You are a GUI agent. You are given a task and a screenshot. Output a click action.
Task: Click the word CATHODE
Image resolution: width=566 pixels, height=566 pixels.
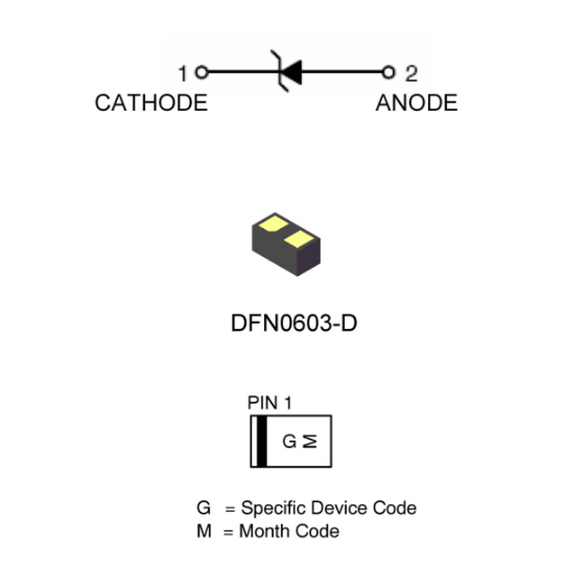tap(151, 103)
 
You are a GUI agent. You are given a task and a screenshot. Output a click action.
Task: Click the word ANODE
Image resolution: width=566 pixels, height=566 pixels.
tap(416, 103)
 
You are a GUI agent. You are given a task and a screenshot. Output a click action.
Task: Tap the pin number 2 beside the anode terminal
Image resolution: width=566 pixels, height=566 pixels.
tap(411, 74)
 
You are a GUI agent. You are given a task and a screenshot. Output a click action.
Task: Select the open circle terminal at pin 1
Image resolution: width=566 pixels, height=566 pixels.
tap(201, 72)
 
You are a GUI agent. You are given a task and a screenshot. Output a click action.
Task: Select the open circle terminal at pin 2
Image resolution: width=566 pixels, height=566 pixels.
tap(389, 72)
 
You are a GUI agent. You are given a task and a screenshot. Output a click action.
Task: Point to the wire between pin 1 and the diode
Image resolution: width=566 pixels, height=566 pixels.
tap(241, 72)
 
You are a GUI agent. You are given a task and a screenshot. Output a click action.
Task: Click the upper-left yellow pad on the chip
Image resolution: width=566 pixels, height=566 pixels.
tap(272, 224)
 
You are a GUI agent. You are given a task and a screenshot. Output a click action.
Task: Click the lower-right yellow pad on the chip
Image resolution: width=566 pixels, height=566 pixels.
tap(300, 239)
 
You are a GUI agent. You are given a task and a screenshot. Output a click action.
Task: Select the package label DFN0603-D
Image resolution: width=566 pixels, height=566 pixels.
tap(294, 324)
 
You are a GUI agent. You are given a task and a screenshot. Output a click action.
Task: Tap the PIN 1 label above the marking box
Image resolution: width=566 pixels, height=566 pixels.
tap(269, 403)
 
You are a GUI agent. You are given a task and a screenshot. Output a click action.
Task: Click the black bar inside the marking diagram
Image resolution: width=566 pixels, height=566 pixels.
tap(262, 441)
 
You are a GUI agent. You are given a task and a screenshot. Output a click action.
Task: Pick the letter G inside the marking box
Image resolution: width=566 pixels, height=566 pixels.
tap(290, 441)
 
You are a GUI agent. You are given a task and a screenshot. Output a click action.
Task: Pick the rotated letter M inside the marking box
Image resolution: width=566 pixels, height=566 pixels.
tap(310, 441)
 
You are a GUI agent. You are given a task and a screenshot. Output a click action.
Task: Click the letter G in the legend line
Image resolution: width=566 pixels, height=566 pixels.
tap(203, 508)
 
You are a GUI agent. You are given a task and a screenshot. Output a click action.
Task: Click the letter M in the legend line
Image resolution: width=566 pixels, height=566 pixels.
tap(204, 531)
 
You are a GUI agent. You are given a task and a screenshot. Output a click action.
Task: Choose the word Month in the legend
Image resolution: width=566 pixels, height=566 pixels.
tap(260, 531)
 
